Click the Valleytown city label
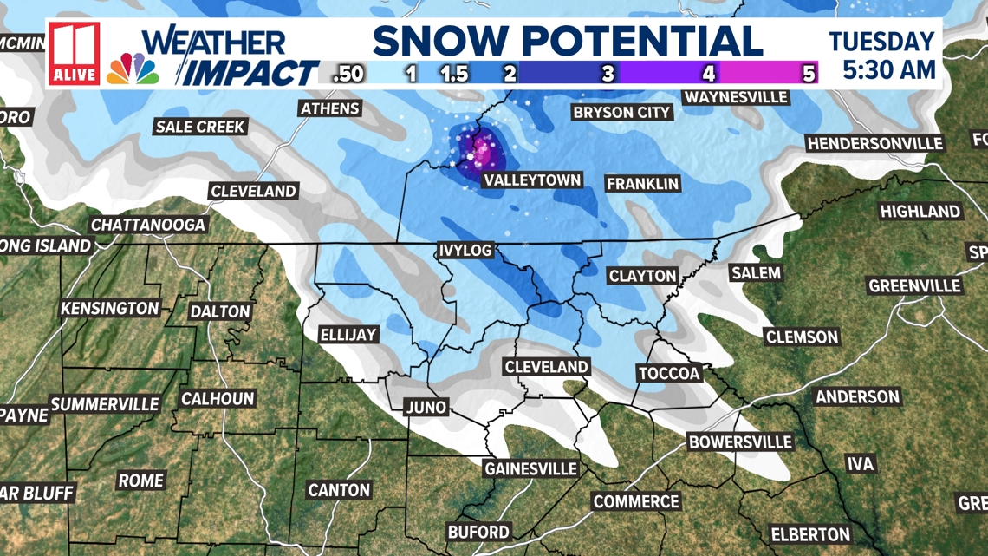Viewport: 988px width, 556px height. [x=531, y=180]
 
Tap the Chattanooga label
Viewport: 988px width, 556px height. [x=149, y=225]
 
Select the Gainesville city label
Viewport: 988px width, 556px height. [x=530, y=468]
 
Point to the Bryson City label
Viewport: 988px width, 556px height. [x=621, y=112]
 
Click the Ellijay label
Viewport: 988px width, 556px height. [x=348, y=334]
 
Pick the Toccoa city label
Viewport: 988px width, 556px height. [x=668, y=373]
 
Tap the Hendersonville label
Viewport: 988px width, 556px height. [x=874, y=143]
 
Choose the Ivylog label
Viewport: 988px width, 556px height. [x=465, y=251]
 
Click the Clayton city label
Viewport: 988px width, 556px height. [x=642, y=276]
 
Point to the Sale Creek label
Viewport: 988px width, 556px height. [x=200, y=127]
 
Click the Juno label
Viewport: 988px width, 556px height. [x=426, y=406]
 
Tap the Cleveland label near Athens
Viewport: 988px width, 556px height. [x=254, y=191]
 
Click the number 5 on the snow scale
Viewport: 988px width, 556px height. [x=809, y=74]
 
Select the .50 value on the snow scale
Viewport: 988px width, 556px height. [x=348, y=74]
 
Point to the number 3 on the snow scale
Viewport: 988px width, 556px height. [x=608, y=74]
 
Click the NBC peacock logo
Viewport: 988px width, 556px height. [x=133, y=69]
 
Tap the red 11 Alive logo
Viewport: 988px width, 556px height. [x=74, y=53]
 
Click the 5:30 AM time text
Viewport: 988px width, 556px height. [x=889, y=69]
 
